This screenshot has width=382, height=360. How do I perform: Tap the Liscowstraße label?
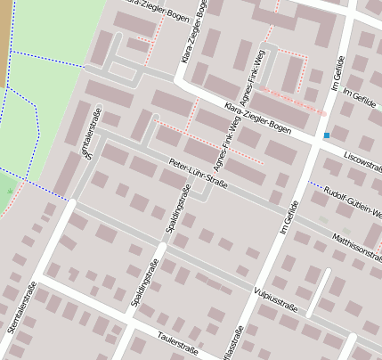[x=362, y=162]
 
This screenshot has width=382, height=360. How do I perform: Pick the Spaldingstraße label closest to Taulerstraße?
[x=145, y=282]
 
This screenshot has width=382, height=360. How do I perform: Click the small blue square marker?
[x=327, y=135]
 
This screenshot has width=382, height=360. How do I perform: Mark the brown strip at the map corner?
[x=4, y=36]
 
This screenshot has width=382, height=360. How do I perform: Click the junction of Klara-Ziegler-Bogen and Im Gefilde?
[x=317, y=143]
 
